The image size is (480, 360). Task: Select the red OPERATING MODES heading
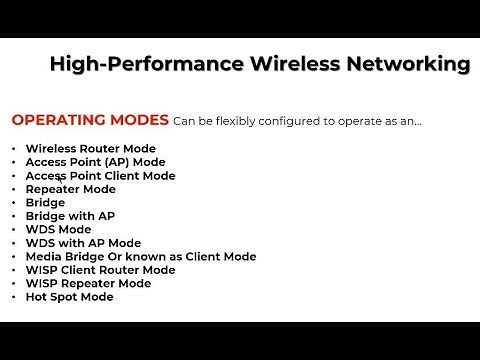tap(90, 121)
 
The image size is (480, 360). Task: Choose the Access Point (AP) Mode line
tap(95, 162)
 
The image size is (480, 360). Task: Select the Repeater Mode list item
tap(70, 189)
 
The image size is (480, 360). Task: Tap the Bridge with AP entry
tap(70, 216)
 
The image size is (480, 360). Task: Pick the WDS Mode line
tap(58, 229)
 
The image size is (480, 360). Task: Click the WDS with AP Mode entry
tap(83, 243)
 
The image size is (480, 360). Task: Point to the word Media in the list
tap(44, 257)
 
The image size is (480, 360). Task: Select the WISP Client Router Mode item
tap(100, 270)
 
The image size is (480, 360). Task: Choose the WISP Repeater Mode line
tap(88, 283)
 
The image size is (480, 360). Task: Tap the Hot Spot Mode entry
tap(69, 297)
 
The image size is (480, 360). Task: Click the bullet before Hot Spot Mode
tap(14, 297)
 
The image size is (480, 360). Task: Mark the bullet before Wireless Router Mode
tap(14, 148)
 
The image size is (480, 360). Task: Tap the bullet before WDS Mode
tap(14, 229)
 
